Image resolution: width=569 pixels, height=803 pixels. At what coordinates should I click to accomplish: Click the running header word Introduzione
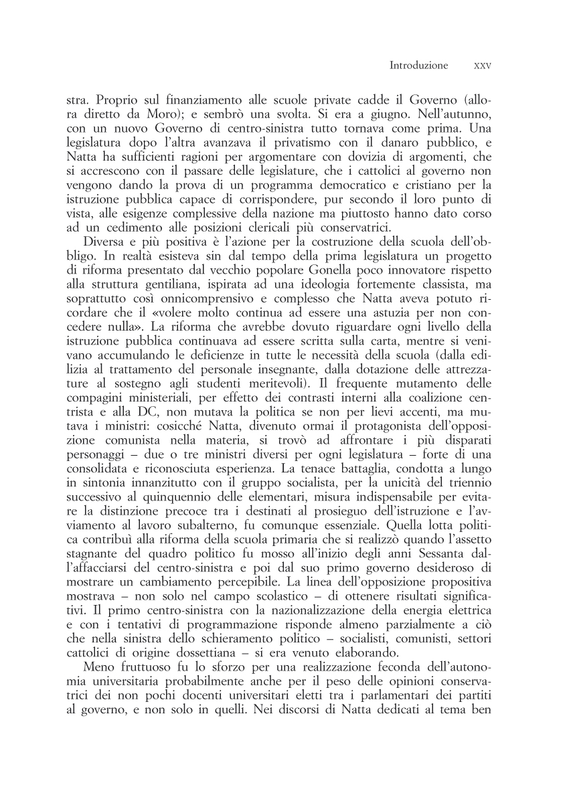click(418, 66)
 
